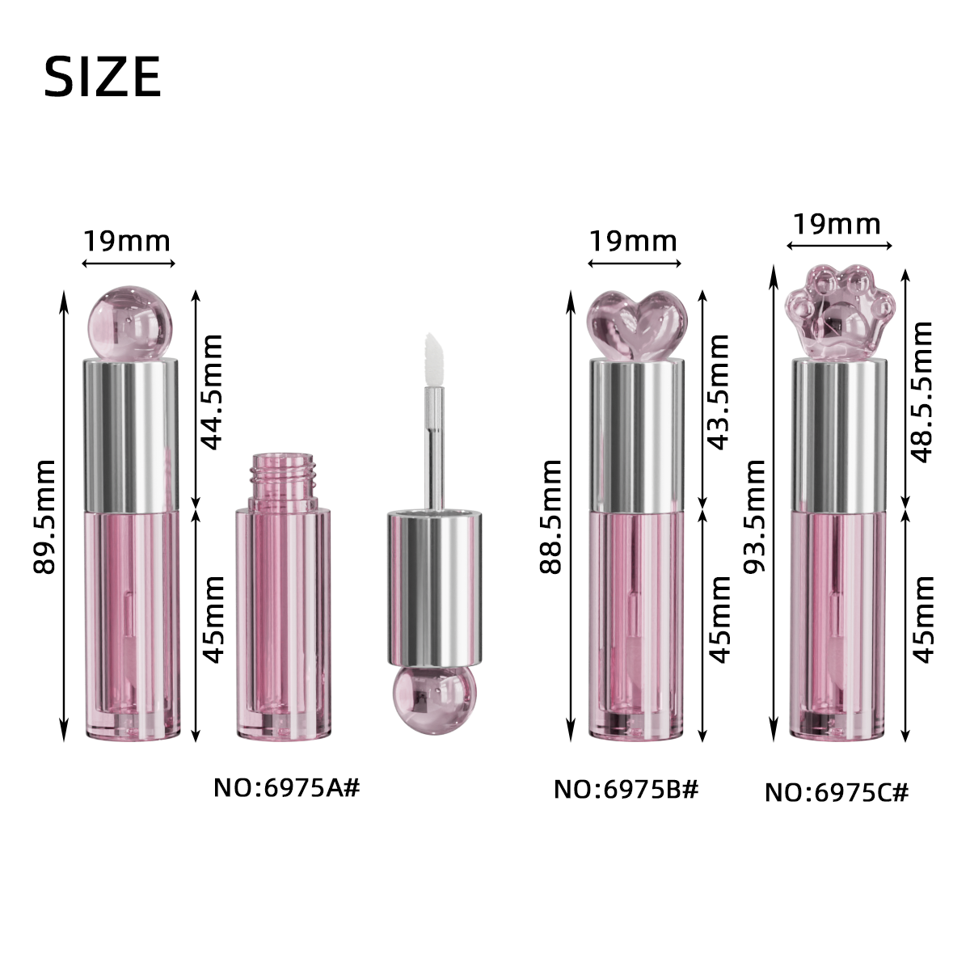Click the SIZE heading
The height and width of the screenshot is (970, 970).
(102, 77)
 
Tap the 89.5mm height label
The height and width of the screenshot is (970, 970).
(44, 517)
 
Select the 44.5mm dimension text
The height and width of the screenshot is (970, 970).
(212, 391)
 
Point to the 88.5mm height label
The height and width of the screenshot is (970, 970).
(550, 517)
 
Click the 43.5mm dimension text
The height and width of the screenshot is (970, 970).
(719, 391)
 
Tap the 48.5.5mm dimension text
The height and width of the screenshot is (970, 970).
(922, 391)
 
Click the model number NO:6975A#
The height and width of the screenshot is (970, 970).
(286, 788)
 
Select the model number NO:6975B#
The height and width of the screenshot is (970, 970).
(626, 789)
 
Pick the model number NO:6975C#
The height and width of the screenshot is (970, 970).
(837, 792)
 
